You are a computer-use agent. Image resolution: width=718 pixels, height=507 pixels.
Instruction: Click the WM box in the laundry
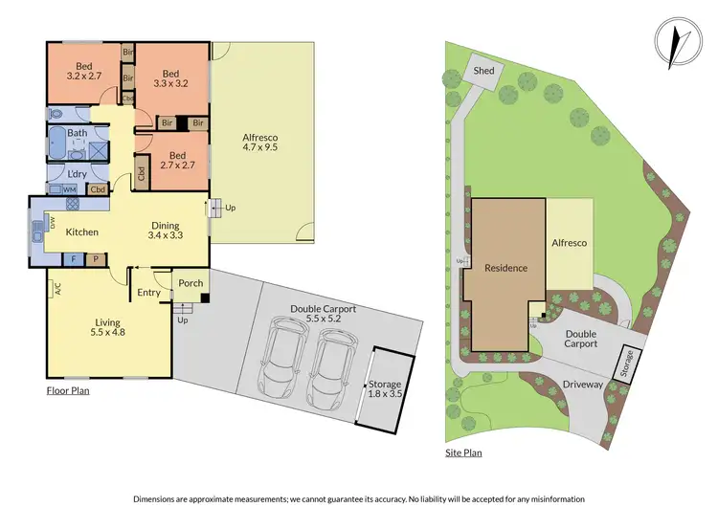point(69,189)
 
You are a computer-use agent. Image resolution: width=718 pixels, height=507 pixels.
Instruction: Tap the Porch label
point(191,282)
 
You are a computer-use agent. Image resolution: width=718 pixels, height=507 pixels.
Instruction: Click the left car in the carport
point(286,362)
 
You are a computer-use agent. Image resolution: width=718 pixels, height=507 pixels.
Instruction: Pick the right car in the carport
point(335,364)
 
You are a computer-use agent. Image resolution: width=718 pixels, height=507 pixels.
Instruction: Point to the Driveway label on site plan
point(583,385)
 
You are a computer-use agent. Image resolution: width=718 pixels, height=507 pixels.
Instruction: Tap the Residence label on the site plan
point(505,268)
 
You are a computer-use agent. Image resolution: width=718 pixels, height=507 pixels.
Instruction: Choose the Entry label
point(149,293)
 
